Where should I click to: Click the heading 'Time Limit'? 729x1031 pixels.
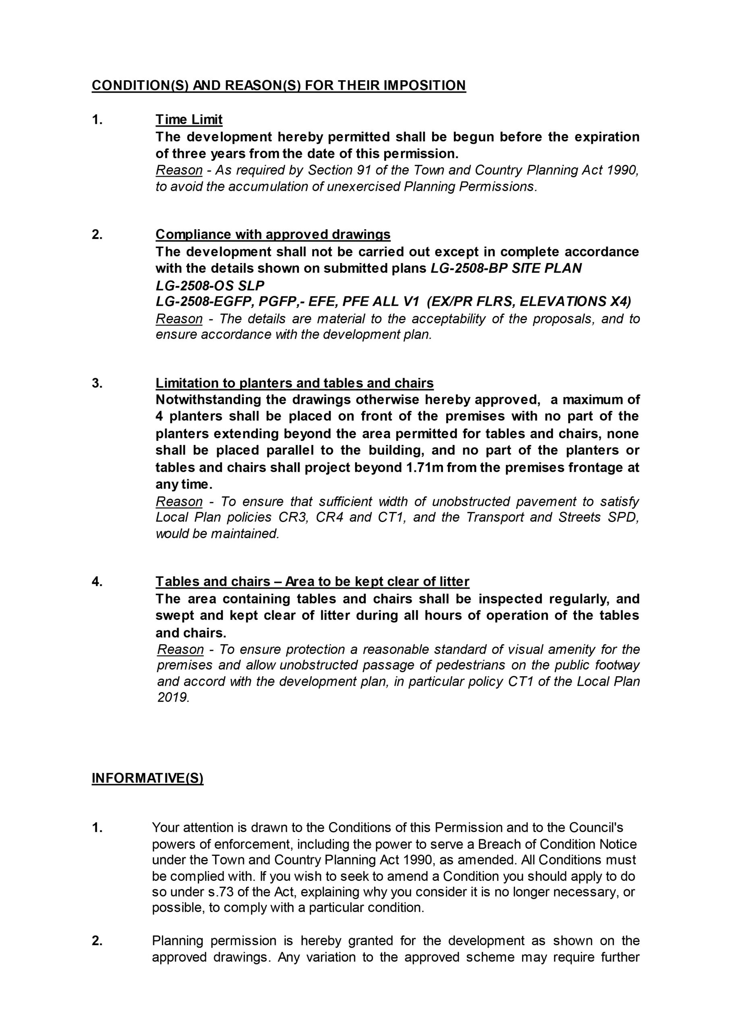188,120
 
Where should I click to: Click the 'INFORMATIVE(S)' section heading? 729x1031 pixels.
147,778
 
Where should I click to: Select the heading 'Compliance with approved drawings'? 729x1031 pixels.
273,234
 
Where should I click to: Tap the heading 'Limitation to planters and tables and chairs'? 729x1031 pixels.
294,383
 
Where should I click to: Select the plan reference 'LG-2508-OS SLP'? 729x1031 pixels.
210,285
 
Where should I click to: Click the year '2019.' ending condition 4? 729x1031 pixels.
173,698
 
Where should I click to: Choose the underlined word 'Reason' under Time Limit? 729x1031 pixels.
179,170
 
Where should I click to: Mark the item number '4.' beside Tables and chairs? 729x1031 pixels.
97,582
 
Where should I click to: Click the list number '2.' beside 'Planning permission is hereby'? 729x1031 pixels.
97,941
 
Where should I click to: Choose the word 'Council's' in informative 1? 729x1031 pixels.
596,827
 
